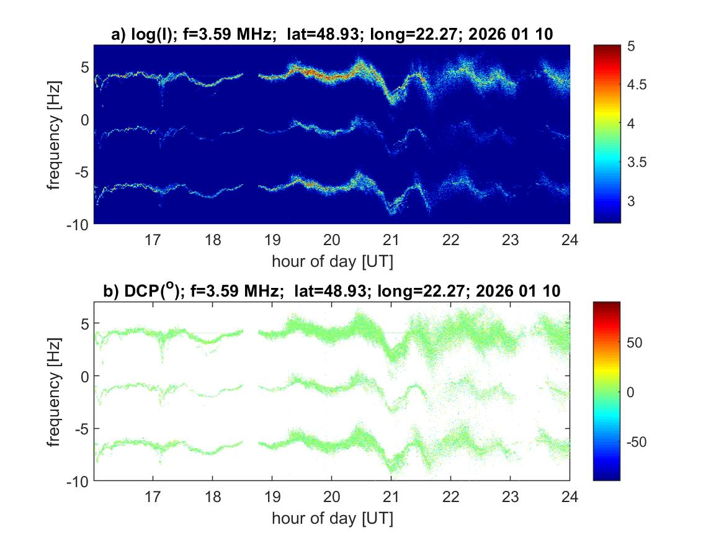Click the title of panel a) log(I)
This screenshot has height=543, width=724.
click(x=332, y=35)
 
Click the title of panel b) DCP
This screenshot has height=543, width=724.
click(x=332, y=291)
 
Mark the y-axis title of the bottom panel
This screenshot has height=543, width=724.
click(x=55, y=391)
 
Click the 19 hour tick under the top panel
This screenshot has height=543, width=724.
click(x=272, y=240)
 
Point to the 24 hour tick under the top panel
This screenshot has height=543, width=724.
click(x=570, y=240)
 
